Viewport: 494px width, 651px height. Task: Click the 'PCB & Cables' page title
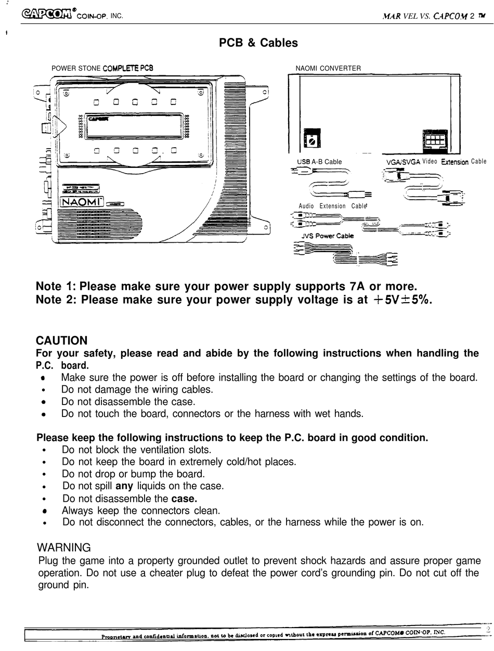[258, 43]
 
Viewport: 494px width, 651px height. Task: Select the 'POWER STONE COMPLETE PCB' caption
[102, 68]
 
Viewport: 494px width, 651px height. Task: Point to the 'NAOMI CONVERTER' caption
[328, 68]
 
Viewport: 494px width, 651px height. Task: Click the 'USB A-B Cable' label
[319, 162]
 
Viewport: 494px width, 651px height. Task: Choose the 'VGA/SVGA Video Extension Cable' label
[436, 162]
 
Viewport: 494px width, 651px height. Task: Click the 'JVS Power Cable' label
[327, 236]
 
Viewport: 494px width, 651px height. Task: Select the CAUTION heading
[61, 341]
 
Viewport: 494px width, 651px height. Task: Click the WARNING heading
[63, 548]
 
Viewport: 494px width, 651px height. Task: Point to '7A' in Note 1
[356, 287]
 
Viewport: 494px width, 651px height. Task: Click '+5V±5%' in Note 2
[403, 300]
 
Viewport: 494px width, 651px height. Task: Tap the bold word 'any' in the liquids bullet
[124, 486]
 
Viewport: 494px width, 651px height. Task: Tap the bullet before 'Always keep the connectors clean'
[45, 511]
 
